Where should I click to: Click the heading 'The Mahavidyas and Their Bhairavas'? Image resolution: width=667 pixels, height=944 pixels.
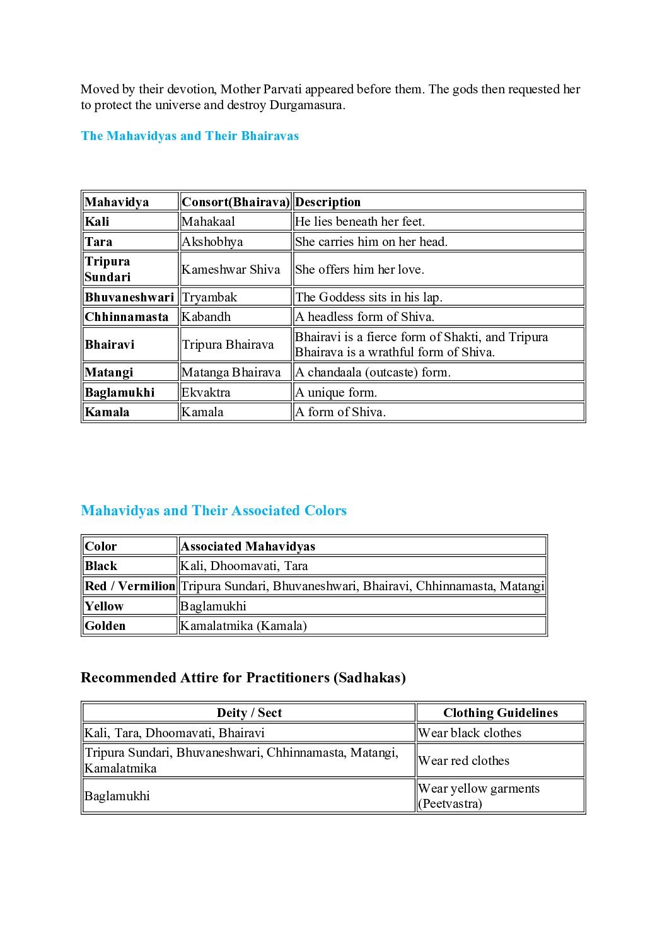pyautogui.click(x=190, y=136)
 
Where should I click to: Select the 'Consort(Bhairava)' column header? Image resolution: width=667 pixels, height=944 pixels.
pyautogui.click(x=235, y=202)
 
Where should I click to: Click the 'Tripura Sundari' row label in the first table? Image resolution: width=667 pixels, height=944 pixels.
pyautogui.click(x=108, y=269)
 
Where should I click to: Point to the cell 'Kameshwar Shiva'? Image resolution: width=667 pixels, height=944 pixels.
pyautogui.click(x=231, y=269)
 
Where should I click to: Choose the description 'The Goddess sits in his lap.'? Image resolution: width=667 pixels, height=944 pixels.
pyautogui.click(x=369, y=297)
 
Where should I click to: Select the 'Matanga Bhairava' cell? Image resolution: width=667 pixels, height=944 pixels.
pyautogui.click(x=231, y=372)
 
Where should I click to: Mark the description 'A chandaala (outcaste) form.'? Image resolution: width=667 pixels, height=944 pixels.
pyautogui.click(x=373, y=372)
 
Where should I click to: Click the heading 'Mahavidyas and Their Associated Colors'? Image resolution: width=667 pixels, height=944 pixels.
pyautogui.click(x=214, y=510)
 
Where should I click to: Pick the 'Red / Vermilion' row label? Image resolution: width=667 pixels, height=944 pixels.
pyautogui.click(x=130, y=586)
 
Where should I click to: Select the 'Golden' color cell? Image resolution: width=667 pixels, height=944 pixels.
pyautogui.click(x=105, y=626)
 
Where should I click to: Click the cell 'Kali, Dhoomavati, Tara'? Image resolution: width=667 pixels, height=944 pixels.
pyautogui.click(x=244, y=566)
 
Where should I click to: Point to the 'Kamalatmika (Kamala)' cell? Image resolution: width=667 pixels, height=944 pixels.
pyautogui.click(x=243, y=626)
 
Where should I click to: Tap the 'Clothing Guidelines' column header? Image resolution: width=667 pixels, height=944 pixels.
pyautogui.click(x=501, y=713)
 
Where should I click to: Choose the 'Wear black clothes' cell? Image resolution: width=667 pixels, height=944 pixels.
pyautogui.click(x=470, y=733)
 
